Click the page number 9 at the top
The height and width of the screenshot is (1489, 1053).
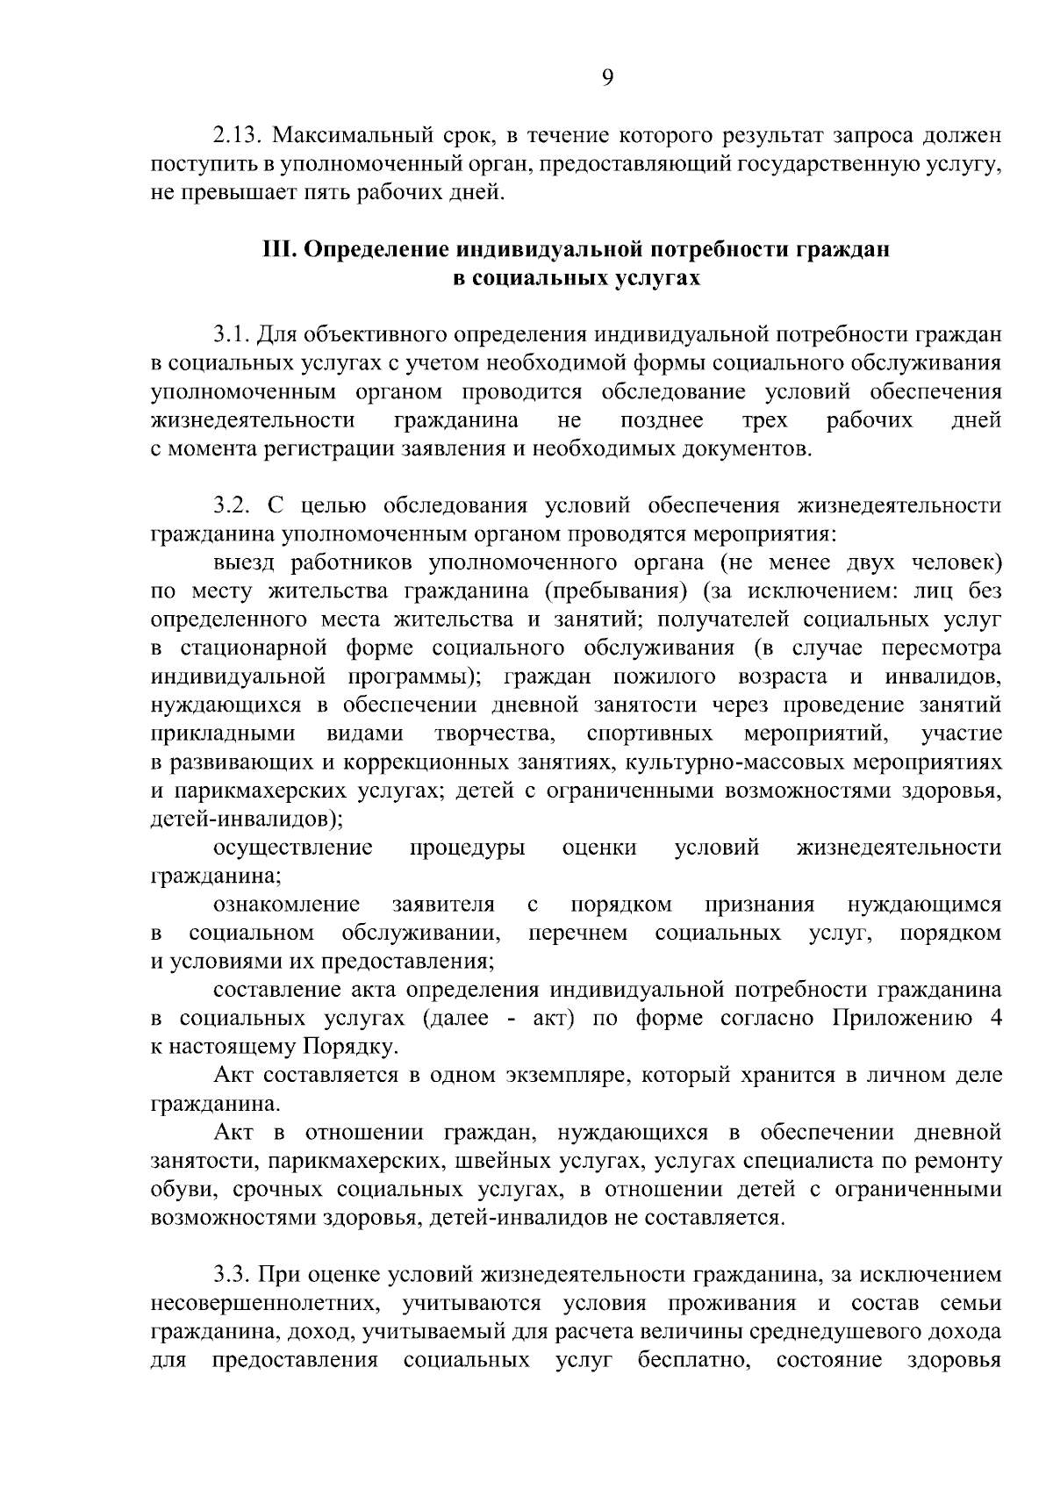point(607,78)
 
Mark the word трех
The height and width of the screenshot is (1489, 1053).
point(764,420)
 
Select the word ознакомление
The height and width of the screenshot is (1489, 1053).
point(286,904)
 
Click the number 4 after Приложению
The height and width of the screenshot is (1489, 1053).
point(994,1018)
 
